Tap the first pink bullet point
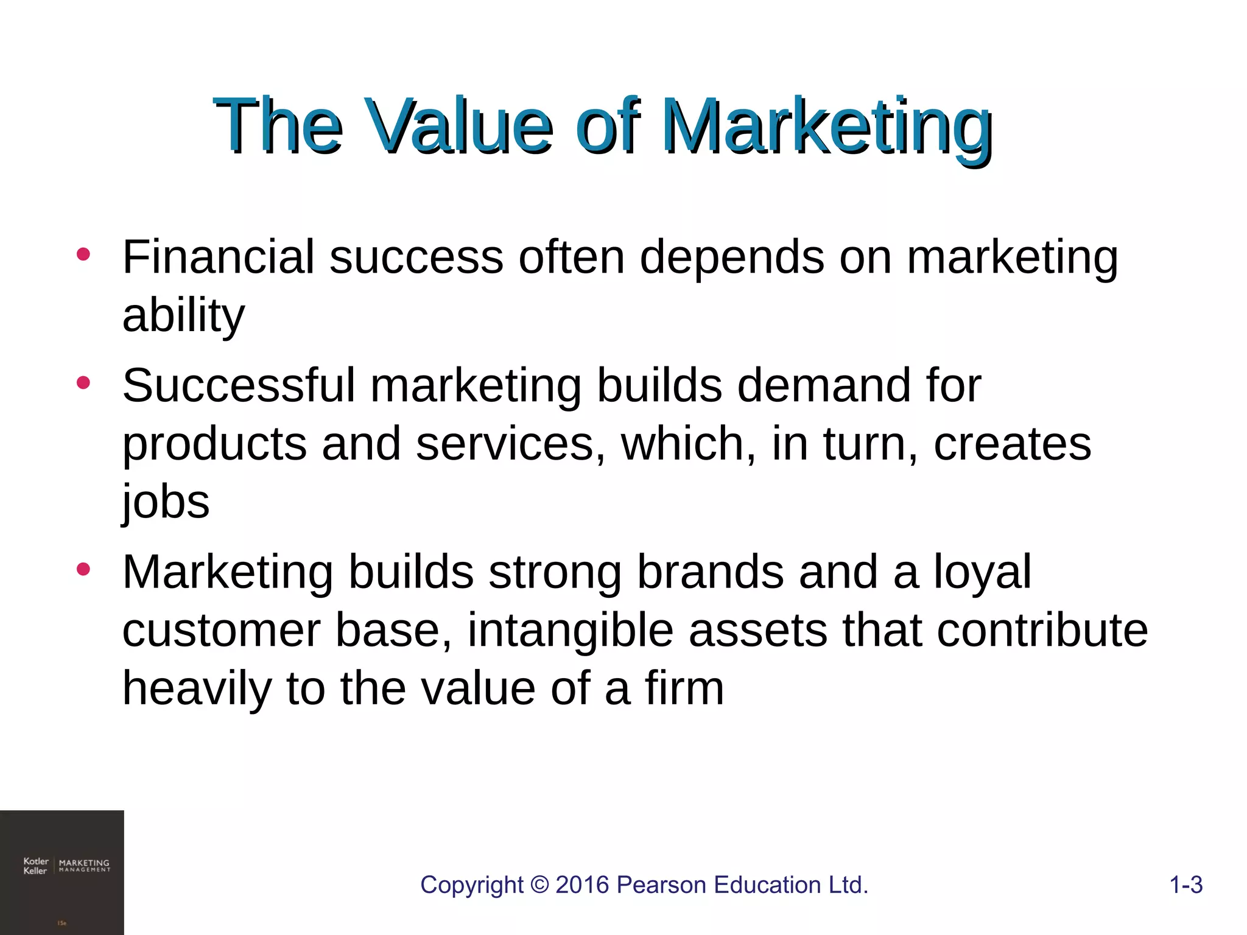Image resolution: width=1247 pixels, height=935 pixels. [83, 254]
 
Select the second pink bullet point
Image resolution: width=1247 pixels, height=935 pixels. [83, 383]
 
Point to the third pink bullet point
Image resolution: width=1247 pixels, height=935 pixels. [83, 570]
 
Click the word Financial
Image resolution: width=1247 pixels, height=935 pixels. [219, 257]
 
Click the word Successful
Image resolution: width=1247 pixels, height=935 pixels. [239, 385]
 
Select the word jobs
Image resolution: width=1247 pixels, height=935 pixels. [166, 502]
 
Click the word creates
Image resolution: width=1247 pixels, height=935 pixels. [1012, 444]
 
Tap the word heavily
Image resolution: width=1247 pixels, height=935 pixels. [197, 689]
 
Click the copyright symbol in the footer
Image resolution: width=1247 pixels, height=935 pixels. [539, 884]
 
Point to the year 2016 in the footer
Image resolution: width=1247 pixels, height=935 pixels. [583, 884]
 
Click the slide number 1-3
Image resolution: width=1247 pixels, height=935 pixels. [1186, 884]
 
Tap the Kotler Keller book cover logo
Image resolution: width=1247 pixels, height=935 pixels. [62, 872]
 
